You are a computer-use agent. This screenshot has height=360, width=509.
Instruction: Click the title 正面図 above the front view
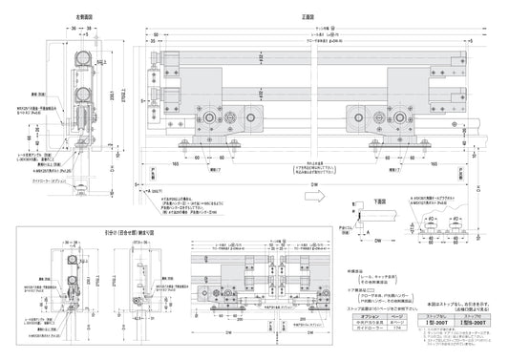tap(305, 16)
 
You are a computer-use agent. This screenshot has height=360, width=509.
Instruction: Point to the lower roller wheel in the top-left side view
tap(83, 98)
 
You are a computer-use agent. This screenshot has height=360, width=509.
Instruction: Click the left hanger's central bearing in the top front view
tap(211, 122)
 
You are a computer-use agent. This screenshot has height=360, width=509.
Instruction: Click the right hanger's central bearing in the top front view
tap(398, 122)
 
